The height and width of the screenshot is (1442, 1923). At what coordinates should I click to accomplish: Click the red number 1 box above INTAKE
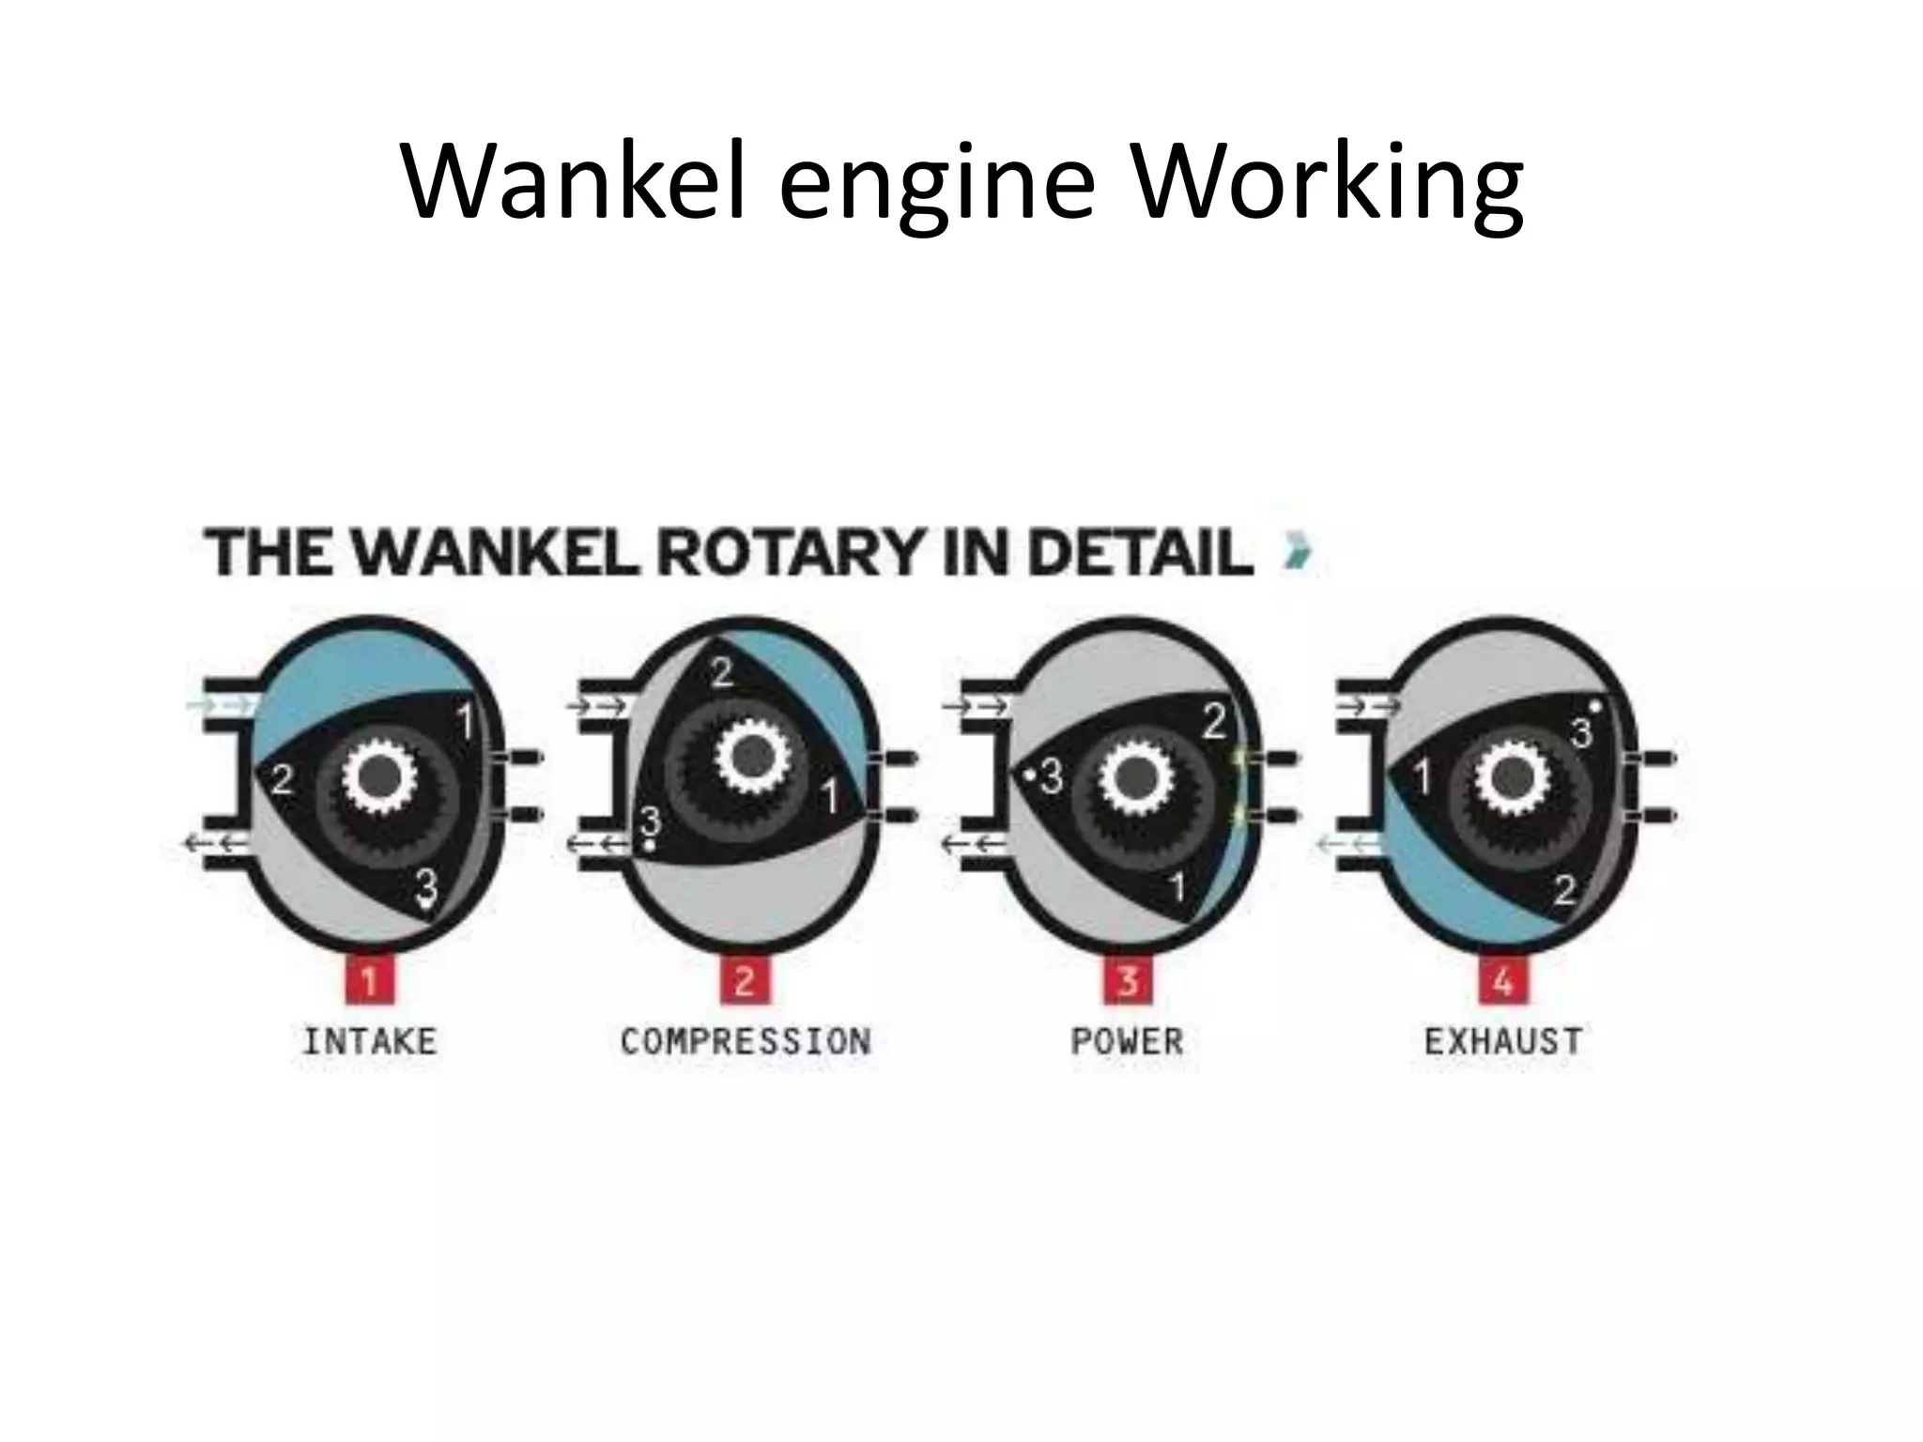(369, 980)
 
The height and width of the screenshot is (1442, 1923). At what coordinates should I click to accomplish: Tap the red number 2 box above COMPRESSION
(745, 980)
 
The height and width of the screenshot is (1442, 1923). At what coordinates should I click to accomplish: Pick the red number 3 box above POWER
(1127, 980)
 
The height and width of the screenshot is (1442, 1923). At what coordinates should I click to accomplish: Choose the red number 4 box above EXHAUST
(1503, 980)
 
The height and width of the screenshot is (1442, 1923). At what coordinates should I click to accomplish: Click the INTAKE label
(369, 1041)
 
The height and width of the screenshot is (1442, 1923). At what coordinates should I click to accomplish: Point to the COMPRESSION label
(746, 1041)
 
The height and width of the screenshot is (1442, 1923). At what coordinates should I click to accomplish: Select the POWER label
(1127, 1041)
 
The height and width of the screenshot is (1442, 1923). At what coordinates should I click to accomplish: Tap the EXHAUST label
(1503, 1041)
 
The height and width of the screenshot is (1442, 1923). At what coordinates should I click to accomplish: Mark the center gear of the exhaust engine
(1511, 775)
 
